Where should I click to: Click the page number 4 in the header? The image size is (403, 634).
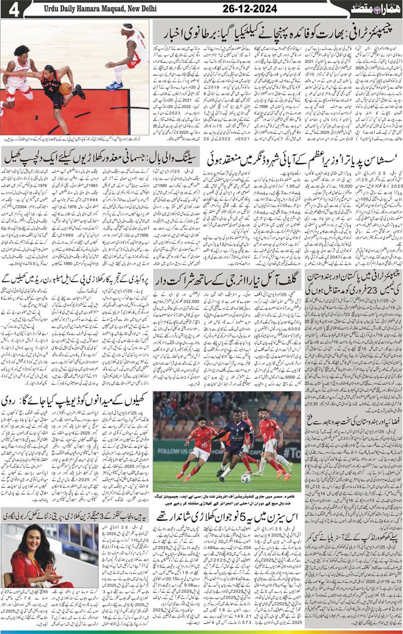click(x=13, y=10)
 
